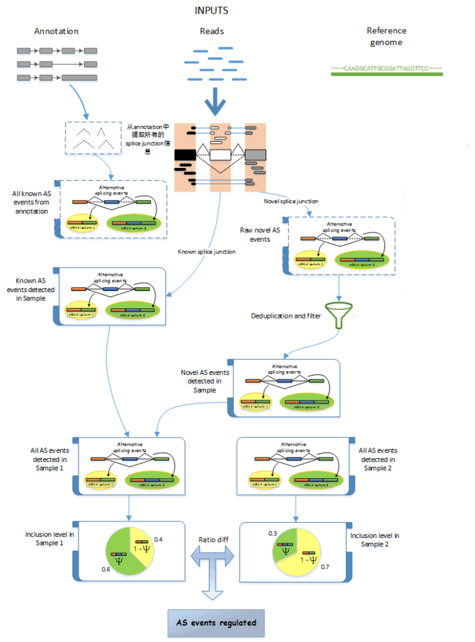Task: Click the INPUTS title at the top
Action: click(211, 11)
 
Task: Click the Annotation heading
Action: click(56, 31)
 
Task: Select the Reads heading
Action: click(211, 31)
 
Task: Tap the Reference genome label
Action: click(387, 36)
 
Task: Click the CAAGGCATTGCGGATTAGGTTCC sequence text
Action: click(387, 66)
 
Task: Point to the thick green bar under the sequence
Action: click(387, 74)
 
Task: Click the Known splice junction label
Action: click(207, 251)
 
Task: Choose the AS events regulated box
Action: click(216, 623)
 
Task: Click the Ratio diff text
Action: click(212, 539)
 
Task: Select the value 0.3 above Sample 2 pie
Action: click(272, 533)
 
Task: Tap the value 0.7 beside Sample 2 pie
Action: click(325, 566)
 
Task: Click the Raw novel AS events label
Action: click(259, 234)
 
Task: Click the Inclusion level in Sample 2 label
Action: click(375, 539)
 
